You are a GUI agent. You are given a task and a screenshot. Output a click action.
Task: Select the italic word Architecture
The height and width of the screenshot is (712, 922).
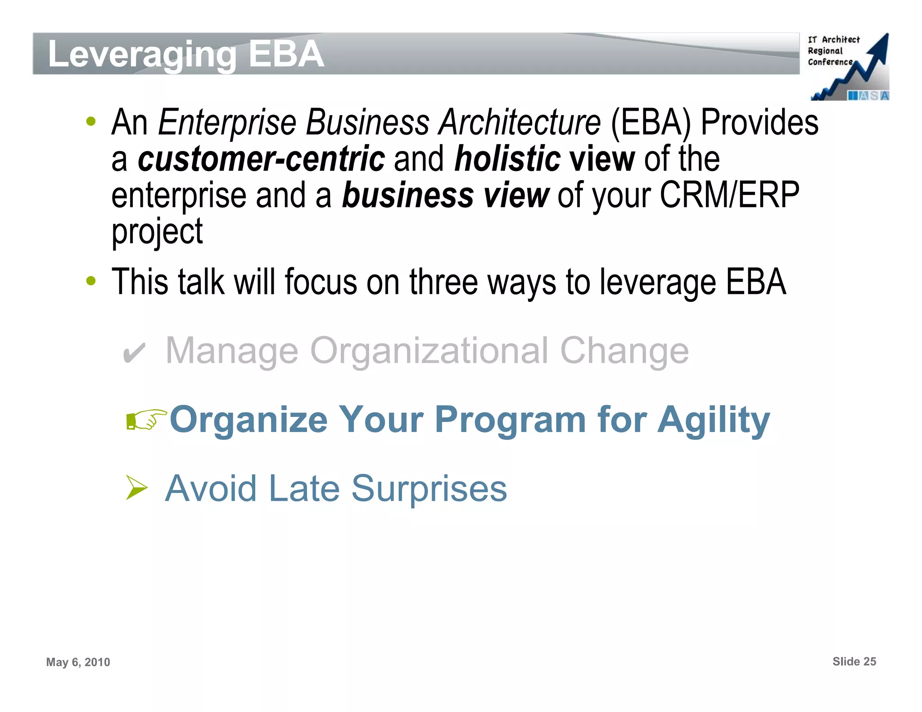(x=520, y=122)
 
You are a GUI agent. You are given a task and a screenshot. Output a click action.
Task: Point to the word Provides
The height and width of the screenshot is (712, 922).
(x=759, y=122)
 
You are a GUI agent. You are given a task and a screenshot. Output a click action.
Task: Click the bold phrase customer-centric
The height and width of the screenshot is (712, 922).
(x=261, y=159)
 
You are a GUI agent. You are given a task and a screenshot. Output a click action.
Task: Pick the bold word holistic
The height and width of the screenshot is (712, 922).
(x=507, y=159)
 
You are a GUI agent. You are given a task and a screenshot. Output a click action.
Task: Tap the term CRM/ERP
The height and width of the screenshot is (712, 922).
(x=729, y=195)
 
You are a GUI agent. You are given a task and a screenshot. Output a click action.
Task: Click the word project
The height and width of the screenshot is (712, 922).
(x=157, y=232)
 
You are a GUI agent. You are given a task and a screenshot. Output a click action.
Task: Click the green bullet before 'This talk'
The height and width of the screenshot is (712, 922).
(x=91, y=281)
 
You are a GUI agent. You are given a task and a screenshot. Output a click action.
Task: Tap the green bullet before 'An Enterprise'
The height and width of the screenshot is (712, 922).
(x=91, y=122)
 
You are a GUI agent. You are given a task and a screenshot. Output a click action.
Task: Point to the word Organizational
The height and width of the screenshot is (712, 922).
(x=429, y=351)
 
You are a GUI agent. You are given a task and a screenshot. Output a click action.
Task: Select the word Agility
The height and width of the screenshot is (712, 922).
(x=714, y=420)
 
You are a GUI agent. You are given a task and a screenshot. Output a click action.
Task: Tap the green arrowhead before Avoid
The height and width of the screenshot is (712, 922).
(x=136, y=488)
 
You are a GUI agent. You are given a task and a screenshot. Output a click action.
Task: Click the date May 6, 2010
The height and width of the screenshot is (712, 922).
(x=78, y=662)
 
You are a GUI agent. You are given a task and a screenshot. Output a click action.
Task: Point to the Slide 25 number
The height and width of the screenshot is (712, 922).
(x=854, y=661)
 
